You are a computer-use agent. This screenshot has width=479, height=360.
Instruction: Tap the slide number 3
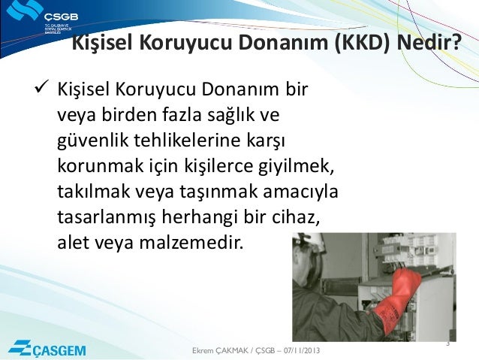click(x=447, y=343)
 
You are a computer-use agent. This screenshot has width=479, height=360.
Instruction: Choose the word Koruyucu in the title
click(x=174, y=47)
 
